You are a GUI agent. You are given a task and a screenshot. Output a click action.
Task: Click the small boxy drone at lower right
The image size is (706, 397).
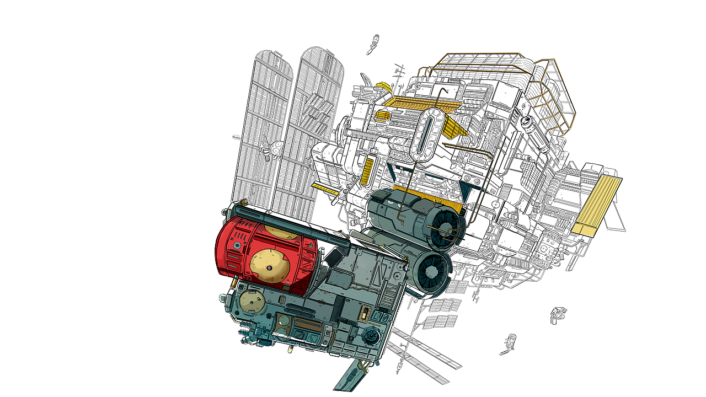[x=558, y=314]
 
